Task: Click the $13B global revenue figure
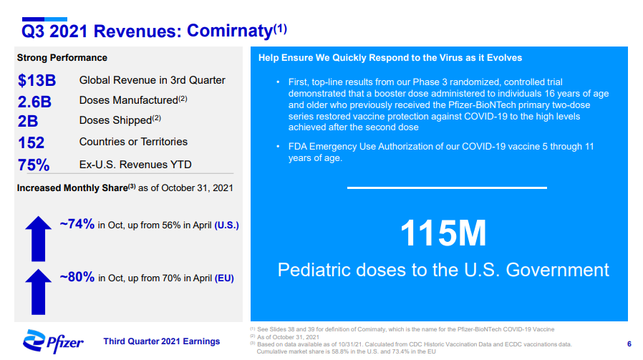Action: tap(37, 80)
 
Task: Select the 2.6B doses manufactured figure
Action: tap(34, 102)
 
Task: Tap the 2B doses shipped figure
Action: tap(28, 122)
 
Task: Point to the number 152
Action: tap(31, 142)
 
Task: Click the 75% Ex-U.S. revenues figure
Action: tap(34, 165)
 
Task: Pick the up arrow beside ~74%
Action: tap(39, 238)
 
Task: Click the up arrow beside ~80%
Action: tap(39, 292)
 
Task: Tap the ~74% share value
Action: tap(77, 224)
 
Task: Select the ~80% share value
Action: tap(77, 277)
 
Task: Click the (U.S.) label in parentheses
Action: tap(226, 225)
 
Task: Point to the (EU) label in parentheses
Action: tap(224, 278)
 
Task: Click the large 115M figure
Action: tap(443, 233)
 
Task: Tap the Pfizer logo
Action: tap(53, 341)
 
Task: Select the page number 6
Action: tap(629, 344)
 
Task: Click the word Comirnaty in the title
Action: tap(230, 31)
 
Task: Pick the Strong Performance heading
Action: tap(62, 58)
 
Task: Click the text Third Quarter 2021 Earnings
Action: tap(162, 341)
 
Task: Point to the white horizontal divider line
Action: tap(447, 188)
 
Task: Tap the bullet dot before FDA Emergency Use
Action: tap(278, 147)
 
